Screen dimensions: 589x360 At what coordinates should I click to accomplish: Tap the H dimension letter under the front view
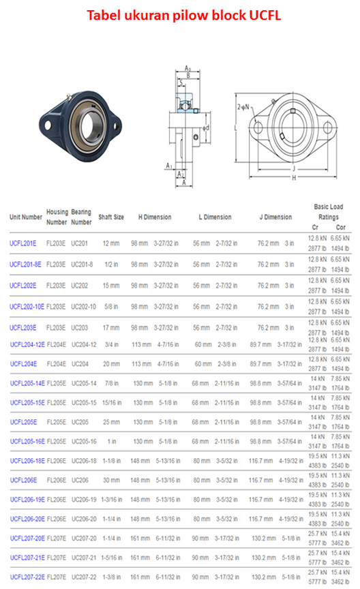pyautogui.click(x=294, y=177)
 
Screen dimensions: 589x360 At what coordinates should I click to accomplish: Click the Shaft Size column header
pyautogui.click(x=111, y=217)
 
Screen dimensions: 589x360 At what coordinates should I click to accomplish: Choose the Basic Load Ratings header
pyautogui.click(x=328, y=211)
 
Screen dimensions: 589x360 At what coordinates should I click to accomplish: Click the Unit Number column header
pyautogui.click(x=26, y=217)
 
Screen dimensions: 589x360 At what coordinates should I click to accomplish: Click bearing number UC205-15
pyautogui.click(x=84, y=402)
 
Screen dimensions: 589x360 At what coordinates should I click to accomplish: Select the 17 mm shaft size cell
pyautogui.click(x=110, y=327)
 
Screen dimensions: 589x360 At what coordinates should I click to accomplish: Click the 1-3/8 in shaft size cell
pyautogui.click(x=110, y=577)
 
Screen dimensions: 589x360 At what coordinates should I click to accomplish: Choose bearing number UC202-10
pyautogui.click(x=84, y=306)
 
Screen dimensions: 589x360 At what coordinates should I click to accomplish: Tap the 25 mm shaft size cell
pyautogui.click(x=110, y=422)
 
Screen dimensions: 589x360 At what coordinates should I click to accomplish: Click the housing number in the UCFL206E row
pyautogui.click(x=56, y=480)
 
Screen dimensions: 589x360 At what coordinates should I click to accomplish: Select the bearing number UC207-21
pyautogui.click(x=84, y=558)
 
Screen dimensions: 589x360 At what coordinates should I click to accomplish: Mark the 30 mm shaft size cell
pyautogui.click(x=110, y=480)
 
